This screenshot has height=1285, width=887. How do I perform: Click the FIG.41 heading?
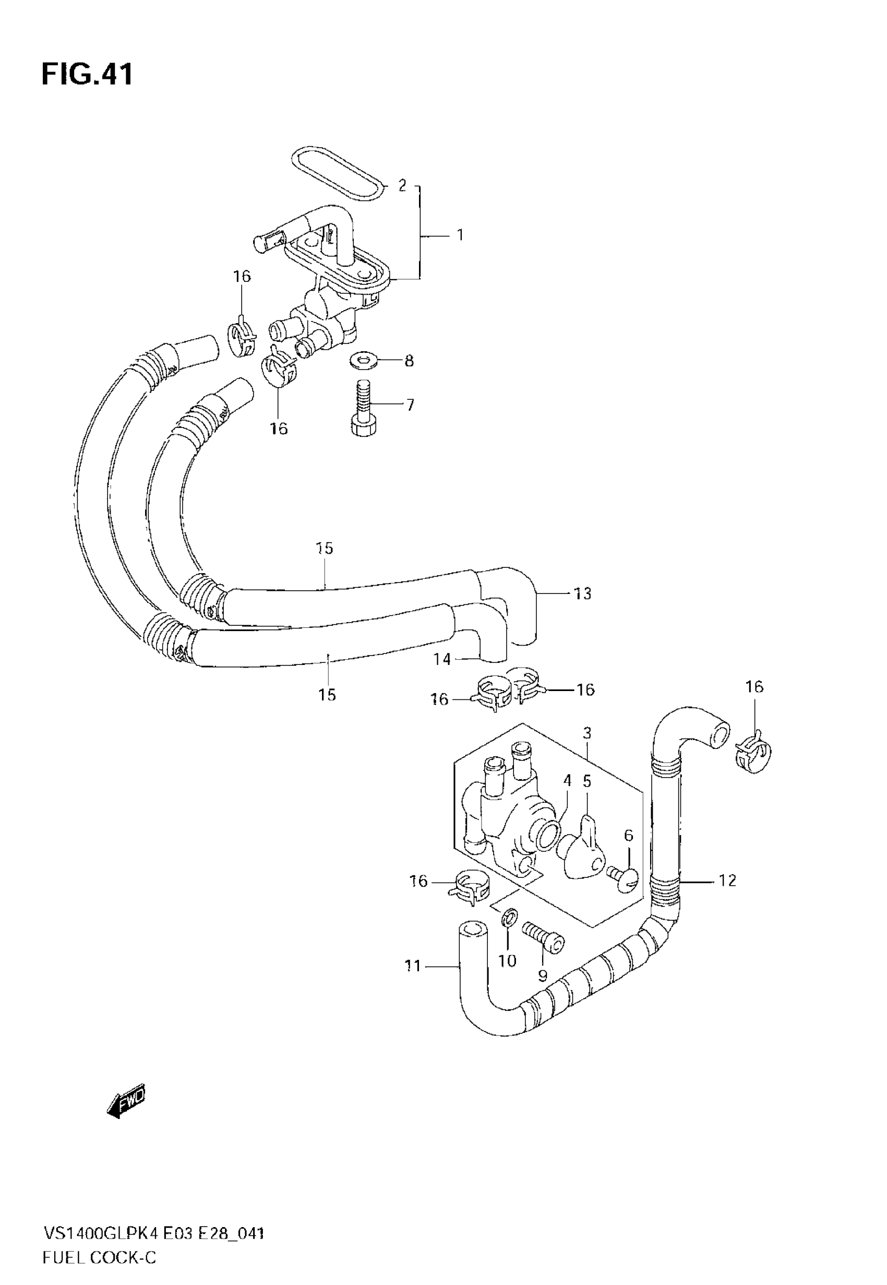87,75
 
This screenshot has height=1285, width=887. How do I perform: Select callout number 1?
460,235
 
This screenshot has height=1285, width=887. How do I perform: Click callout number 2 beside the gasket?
402,185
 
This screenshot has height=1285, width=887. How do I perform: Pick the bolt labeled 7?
364,409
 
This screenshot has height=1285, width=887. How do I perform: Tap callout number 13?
582,593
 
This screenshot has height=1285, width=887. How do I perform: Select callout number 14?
442,659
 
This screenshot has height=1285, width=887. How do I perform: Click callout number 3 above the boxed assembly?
588,733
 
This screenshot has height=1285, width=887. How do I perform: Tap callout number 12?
727,881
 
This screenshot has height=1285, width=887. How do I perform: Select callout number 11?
412,967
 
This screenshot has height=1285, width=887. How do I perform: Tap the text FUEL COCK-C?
100,1258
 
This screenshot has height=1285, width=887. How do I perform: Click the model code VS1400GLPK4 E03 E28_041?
153,1234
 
